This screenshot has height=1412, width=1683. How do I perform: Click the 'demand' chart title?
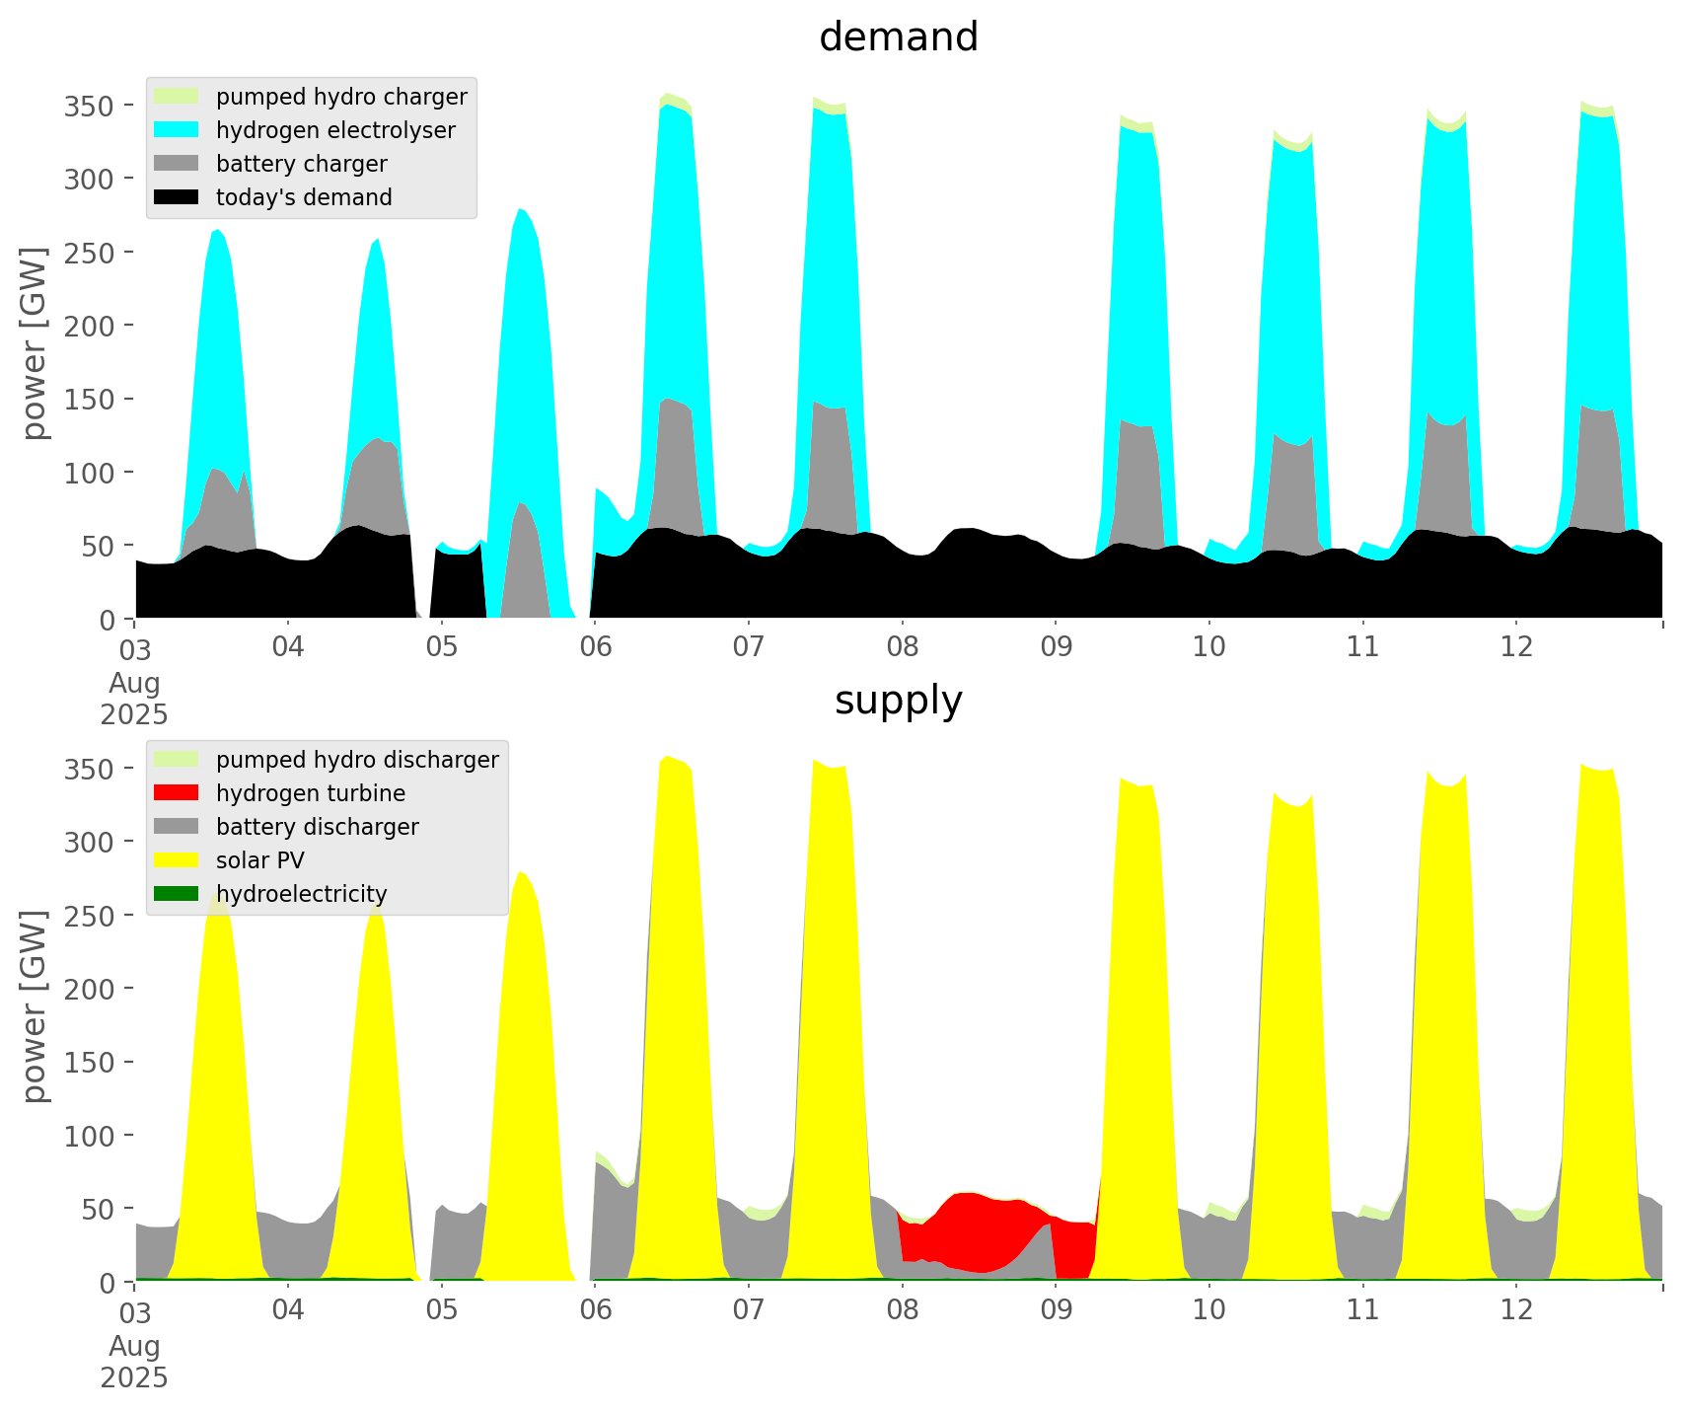898,37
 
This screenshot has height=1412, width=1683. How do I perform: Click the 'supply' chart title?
898,701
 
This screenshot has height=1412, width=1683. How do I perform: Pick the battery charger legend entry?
301,164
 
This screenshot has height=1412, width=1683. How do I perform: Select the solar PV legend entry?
260,860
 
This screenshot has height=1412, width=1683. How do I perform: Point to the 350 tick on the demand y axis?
88,106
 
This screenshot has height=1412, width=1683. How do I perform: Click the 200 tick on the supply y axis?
88,989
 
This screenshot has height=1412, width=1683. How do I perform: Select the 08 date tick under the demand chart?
902,647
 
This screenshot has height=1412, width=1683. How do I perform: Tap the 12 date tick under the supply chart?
1516,1310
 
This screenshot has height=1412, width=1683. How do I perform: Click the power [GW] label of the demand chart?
35,343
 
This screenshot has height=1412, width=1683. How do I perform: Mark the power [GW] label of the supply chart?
35,1006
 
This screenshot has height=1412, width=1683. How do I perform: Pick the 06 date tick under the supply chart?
595,1310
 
